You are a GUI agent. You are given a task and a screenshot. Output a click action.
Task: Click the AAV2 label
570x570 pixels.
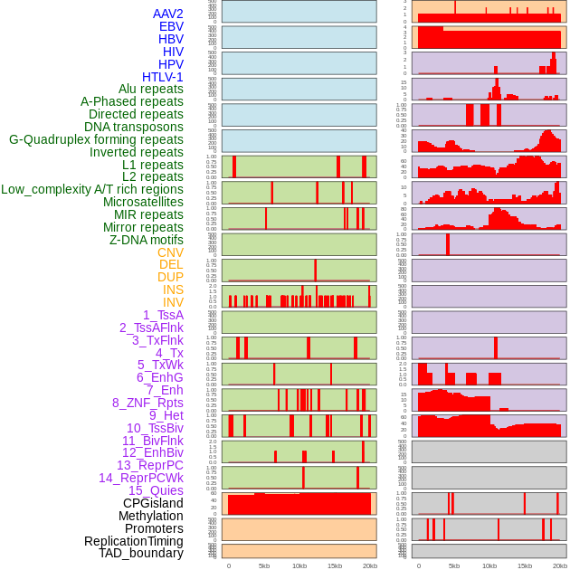[x=168, y=14]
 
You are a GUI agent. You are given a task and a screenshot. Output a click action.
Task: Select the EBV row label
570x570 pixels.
[x=171, y=26]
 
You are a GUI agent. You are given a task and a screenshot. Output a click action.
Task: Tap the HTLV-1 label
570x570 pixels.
[x=163, y=77]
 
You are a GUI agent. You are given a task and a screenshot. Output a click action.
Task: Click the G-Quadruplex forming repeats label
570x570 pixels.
[x=96, y=139]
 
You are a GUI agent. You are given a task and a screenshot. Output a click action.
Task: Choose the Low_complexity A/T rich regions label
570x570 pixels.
[x=92, y=189]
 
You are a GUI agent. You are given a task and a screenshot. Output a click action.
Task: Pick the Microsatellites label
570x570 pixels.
[x=143, y=202]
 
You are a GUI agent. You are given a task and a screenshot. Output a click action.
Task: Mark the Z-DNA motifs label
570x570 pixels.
[x=147, y=240]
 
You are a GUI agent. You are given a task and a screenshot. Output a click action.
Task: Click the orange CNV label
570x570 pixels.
[x=170, y=252]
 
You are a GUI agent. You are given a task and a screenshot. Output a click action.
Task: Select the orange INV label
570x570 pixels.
[x=173, y=302]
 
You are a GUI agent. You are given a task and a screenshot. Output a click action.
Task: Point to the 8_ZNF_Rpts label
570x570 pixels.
[x=147, y=403]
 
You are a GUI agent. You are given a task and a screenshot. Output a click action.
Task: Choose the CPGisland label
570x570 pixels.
[x=153, y=503]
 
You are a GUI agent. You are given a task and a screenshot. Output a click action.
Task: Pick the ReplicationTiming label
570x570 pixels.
[x=133, y=541]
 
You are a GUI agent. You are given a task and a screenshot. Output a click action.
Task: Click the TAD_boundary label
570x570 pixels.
[x=141, y=553]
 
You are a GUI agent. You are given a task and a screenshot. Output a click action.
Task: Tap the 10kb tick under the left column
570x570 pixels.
[x=299, y=565]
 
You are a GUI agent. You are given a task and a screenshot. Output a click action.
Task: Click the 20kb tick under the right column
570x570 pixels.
[x=560, y=565]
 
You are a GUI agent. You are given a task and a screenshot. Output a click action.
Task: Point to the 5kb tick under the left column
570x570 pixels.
[x=264, y=565]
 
